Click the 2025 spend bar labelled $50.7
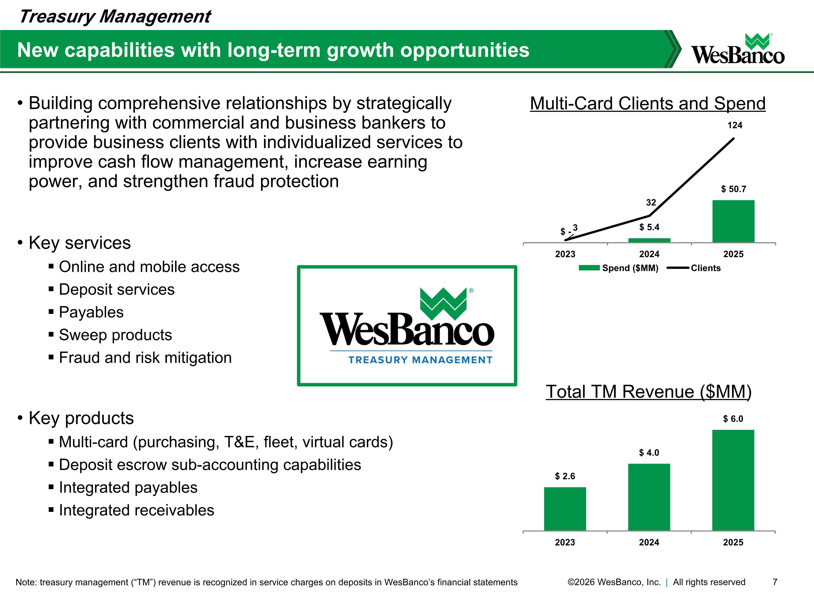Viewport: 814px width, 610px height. coord(733,221)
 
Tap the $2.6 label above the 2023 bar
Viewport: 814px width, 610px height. coord(565,476)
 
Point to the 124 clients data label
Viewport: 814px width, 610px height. coord(734,125)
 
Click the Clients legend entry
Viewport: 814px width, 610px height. coord(705,268)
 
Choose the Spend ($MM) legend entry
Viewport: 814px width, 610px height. coord(630,268)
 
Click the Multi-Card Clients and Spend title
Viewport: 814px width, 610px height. coord(647,104)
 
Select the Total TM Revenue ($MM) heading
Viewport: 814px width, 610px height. coord(648,391)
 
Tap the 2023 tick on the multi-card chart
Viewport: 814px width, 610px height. coord(565,254)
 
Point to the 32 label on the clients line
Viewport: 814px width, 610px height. coord(651,203)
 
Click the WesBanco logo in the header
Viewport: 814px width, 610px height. coord(737,50)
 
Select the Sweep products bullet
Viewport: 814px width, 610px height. coord(115,335)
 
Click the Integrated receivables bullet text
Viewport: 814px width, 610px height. coord(136,510)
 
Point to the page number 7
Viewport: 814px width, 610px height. coord(775,582)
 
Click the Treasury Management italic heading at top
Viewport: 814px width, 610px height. coord(115,17)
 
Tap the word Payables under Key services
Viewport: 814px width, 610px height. coord(91,312)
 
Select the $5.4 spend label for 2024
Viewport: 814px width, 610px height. coord(649,227)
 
